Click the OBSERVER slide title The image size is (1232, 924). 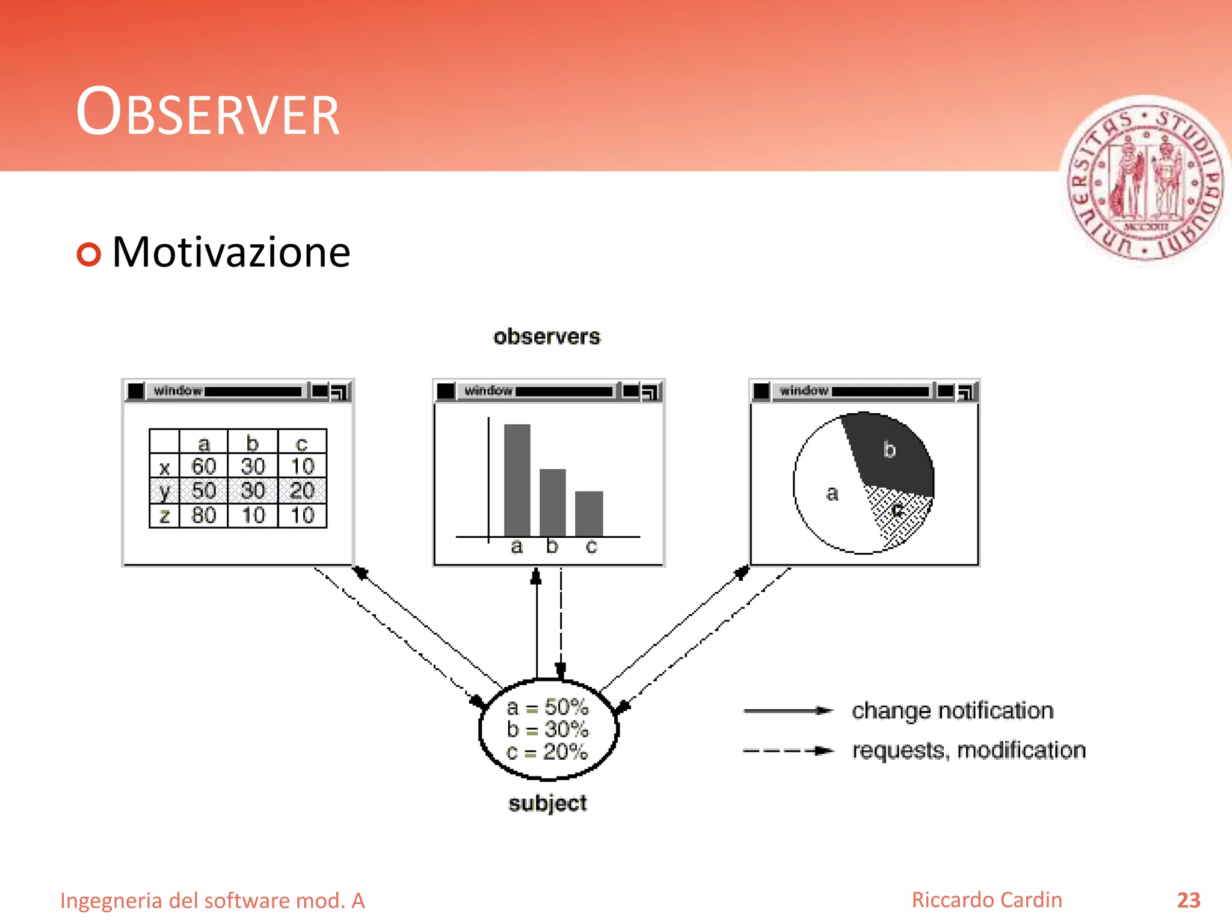pos(208,113)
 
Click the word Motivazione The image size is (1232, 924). pos(231,252)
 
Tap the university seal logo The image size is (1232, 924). pos(1145,180)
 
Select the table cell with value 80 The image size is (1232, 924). pos(203,516)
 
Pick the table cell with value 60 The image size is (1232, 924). pos(203,466)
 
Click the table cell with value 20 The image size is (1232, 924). pos(302,491)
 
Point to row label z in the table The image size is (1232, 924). pos(164,516)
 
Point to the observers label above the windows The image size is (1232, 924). pos(546,337)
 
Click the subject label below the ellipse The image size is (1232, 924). pos(547,803)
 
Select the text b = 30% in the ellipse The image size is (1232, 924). pos(547,729)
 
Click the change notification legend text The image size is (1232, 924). pos(952,711)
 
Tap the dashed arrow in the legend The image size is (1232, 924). pos(788,751)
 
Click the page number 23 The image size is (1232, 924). pos(1188,900)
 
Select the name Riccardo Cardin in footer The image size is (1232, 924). pos(987,900)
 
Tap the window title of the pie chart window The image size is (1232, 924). pos(804,391)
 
